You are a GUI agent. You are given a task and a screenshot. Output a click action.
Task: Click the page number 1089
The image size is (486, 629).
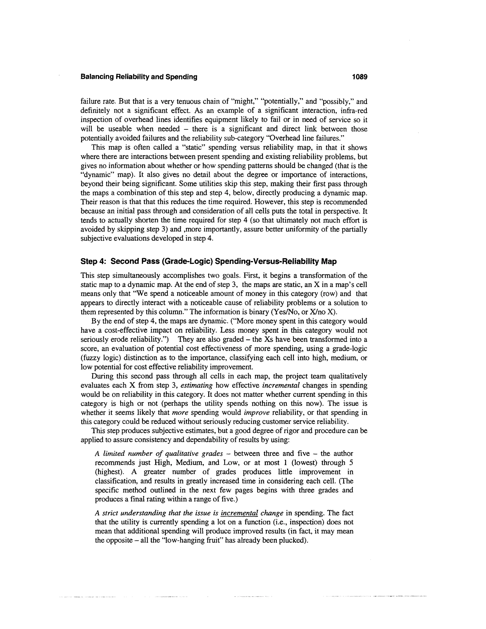coord(360,77)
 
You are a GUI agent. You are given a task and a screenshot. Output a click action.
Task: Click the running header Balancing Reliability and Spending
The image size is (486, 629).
coord(139,77)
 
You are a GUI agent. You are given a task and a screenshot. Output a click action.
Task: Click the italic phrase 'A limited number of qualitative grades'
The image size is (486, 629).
coord(159,454)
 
